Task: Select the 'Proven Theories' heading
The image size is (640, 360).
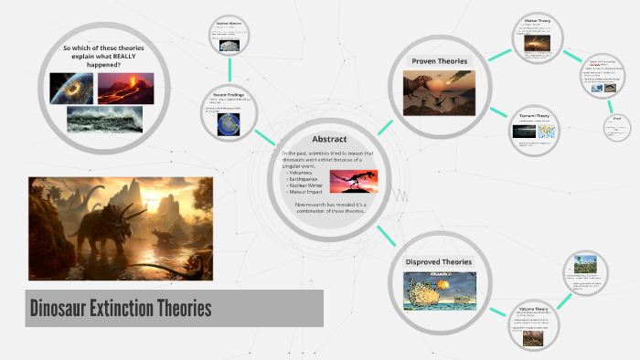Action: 439,61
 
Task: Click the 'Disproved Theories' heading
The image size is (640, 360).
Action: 439,262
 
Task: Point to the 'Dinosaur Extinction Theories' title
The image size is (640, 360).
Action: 121,308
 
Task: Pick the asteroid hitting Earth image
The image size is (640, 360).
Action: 69,88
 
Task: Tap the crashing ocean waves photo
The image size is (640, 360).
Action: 104,119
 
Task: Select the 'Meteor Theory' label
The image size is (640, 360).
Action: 537,19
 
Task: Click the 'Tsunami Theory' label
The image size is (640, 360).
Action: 534,117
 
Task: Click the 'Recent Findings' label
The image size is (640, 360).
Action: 229,95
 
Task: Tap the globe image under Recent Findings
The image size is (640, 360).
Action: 228,124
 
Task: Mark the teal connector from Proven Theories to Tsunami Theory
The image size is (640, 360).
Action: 498,111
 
